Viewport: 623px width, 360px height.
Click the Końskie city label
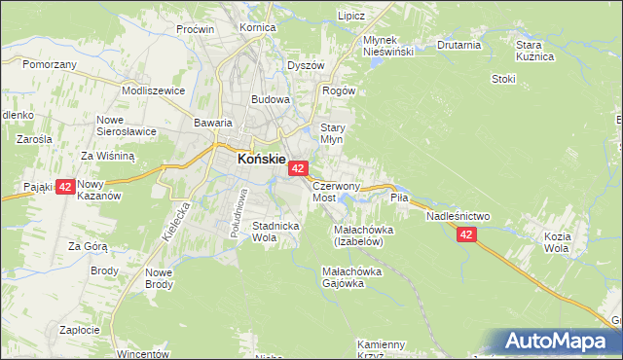tap(261, 160)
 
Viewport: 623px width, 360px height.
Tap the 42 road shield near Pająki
tap(64, 187)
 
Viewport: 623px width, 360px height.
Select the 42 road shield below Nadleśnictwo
tap(466, 234)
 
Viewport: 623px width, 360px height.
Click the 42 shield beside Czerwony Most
tap(298, 169)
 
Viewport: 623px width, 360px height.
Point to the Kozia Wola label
tap(584, 242)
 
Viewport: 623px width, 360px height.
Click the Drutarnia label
tap(459, 45)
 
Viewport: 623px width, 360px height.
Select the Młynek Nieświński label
tap(388, 45)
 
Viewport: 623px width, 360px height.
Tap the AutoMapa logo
tap(560, 342)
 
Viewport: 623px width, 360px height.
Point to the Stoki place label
tap(503, 80)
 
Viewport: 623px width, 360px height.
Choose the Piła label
tap(399, 198)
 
